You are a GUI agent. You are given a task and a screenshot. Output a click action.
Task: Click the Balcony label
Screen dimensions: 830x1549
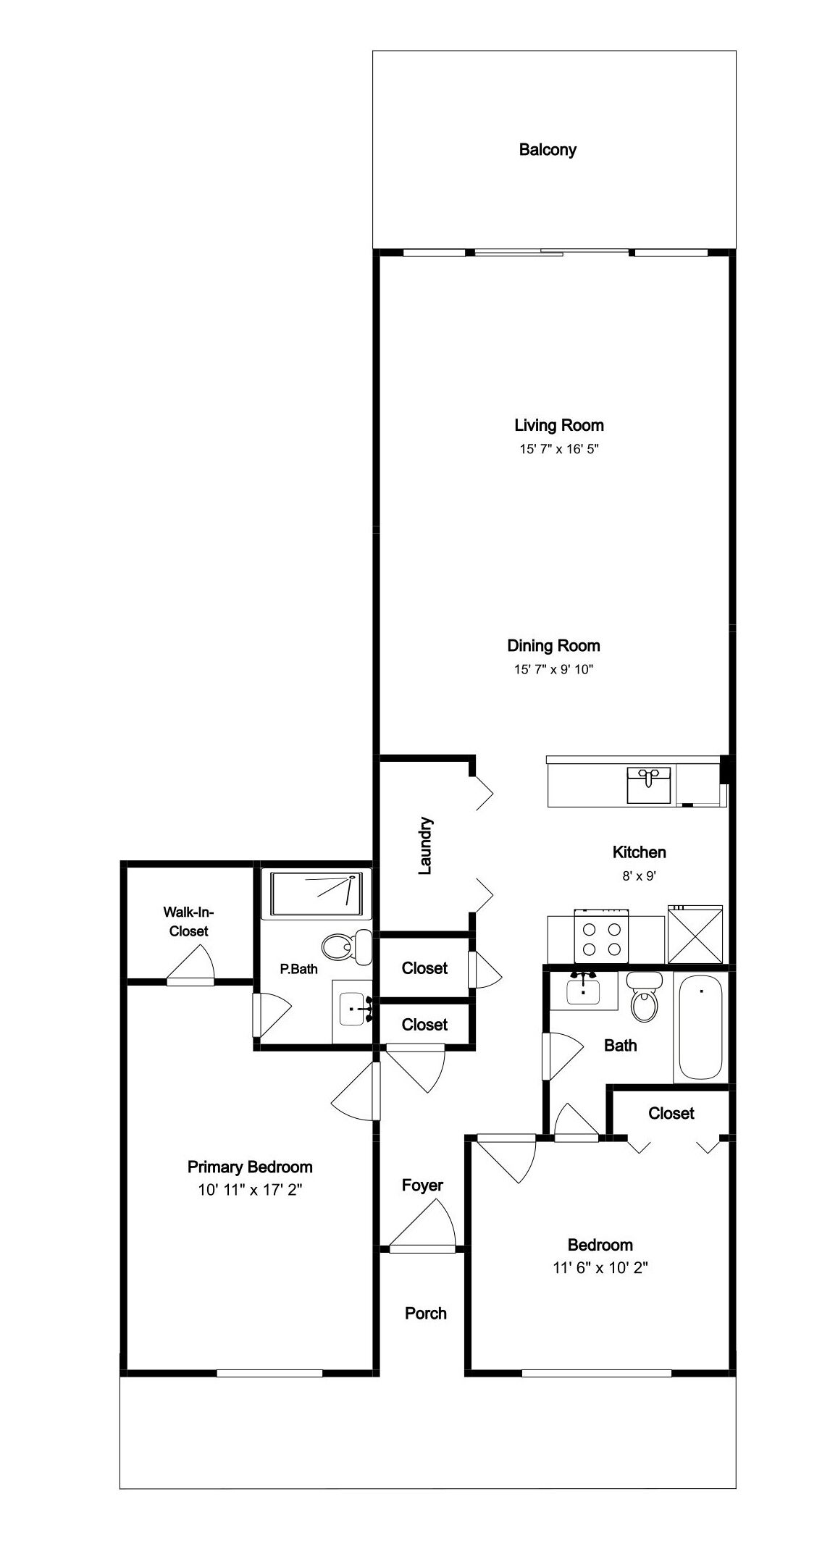tap(548, 150)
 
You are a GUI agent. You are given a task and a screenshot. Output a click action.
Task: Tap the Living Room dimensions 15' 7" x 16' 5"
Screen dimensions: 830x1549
tap(558, 449)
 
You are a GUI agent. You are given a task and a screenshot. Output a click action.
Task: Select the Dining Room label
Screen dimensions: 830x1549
tap(553, 645)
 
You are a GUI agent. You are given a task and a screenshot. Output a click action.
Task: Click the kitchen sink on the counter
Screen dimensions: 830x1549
tap(649, 786)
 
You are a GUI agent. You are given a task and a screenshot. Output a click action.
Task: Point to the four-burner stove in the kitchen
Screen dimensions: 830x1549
tap(601, 937)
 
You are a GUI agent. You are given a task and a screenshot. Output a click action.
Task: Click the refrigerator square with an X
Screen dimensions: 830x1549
tap(695, 935)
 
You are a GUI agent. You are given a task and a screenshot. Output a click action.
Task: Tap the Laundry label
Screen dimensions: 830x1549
tap(425, 846)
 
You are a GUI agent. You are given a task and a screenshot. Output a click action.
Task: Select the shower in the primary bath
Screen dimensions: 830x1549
tap(316, 895)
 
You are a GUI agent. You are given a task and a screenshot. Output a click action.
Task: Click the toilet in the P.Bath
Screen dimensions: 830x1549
tap(346, 946)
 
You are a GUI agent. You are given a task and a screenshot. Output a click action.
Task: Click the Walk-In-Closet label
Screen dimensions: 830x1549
tap(188, 921)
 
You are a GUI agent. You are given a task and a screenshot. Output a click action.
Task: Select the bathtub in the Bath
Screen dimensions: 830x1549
tap(700, 1027)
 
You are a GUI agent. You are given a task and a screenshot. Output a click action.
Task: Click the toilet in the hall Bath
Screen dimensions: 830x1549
tap(644, 996)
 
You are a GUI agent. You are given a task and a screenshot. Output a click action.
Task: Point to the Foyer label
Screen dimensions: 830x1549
tap(422, 1185)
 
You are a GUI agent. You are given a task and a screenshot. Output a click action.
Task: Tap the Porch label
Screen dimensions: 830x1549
tap(426, 1313)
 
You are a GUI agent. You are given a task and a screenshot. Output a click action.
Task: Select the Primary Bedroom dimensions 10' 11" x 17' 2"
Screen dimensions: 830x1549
tap(250, 1190)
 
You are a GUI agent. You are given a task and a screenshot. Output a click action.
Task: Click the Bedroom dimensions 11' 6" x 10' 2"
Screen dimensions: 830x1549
tap(600, 1268)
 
